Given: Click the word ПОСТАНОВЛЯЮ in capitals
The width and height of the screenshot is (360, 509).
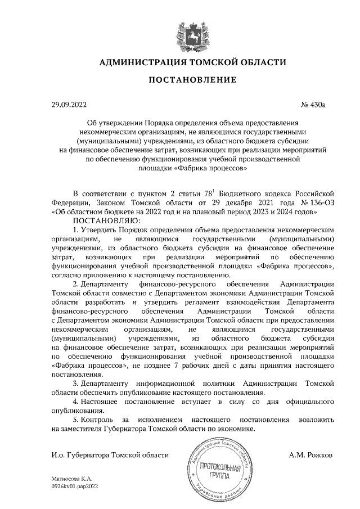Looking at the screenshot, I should click(x=93, y=221).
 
